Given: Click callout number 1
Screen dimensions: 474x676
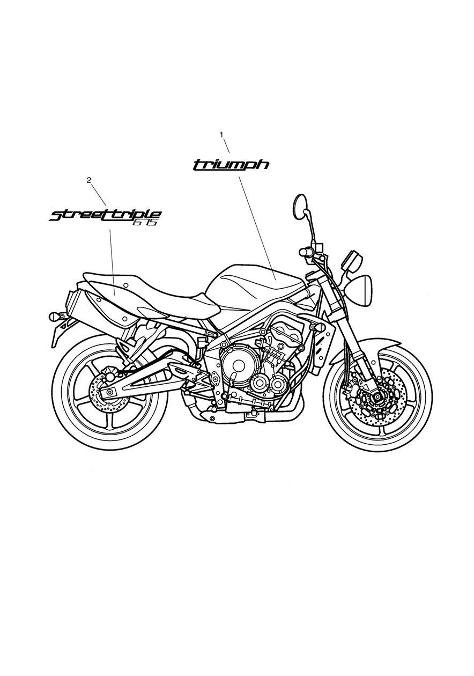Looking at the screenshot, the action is [221, 135].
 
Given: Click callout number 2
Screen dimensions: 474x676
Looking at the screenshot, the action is [88, 180].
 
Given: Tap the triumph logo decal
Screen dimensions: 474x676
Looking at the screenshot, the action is [231, 165].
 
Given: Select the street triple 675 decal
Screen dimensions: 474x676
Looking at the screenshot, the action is [105, 216].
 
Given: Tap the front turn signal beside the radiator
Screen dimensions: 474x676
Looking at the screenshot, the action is [317, 327].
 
